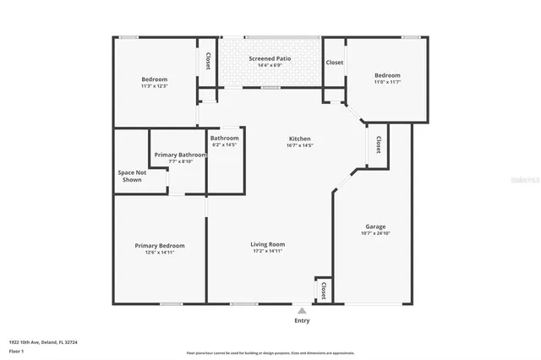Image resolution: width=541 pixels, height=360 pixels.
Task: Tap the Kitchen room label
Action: [300, 139]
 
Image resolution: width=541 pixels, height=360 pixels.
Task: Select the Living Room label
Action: [267, 244]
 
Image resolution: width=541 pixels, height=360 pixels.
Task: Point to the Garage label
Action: [375, 226]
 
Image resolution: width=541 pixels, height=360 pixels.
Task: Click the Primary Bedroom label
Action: [160, 245]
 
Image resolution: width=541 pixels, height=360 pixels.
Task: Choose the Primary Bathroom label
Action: [180, 155]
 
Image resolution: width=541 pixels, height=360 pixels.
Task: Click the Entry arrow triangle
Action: [302, 311]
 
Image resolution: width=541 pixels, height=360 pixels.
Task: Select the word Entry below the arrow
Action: [302, 321]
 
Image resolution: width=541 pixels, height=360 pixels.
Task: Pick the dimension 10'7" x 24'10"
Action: [375, 233]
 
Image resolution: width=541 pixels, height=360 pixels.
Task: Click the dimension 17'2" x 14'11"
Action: [267, 251]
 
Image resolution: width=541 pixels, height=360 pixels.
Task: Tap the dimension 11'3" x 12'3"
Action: [155, 86]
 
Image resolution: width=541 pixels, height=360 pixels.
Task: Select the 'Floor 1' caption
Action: [16, 350]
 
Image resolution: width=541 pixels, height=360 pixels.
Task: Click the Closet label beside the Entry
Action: [322, 290]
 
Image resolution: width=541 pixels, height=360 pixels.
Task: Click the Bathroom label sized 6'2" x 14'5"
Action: [225, 138]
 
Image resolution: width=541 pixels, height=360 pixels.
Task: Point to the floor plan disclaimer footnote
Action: [270, 352]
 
